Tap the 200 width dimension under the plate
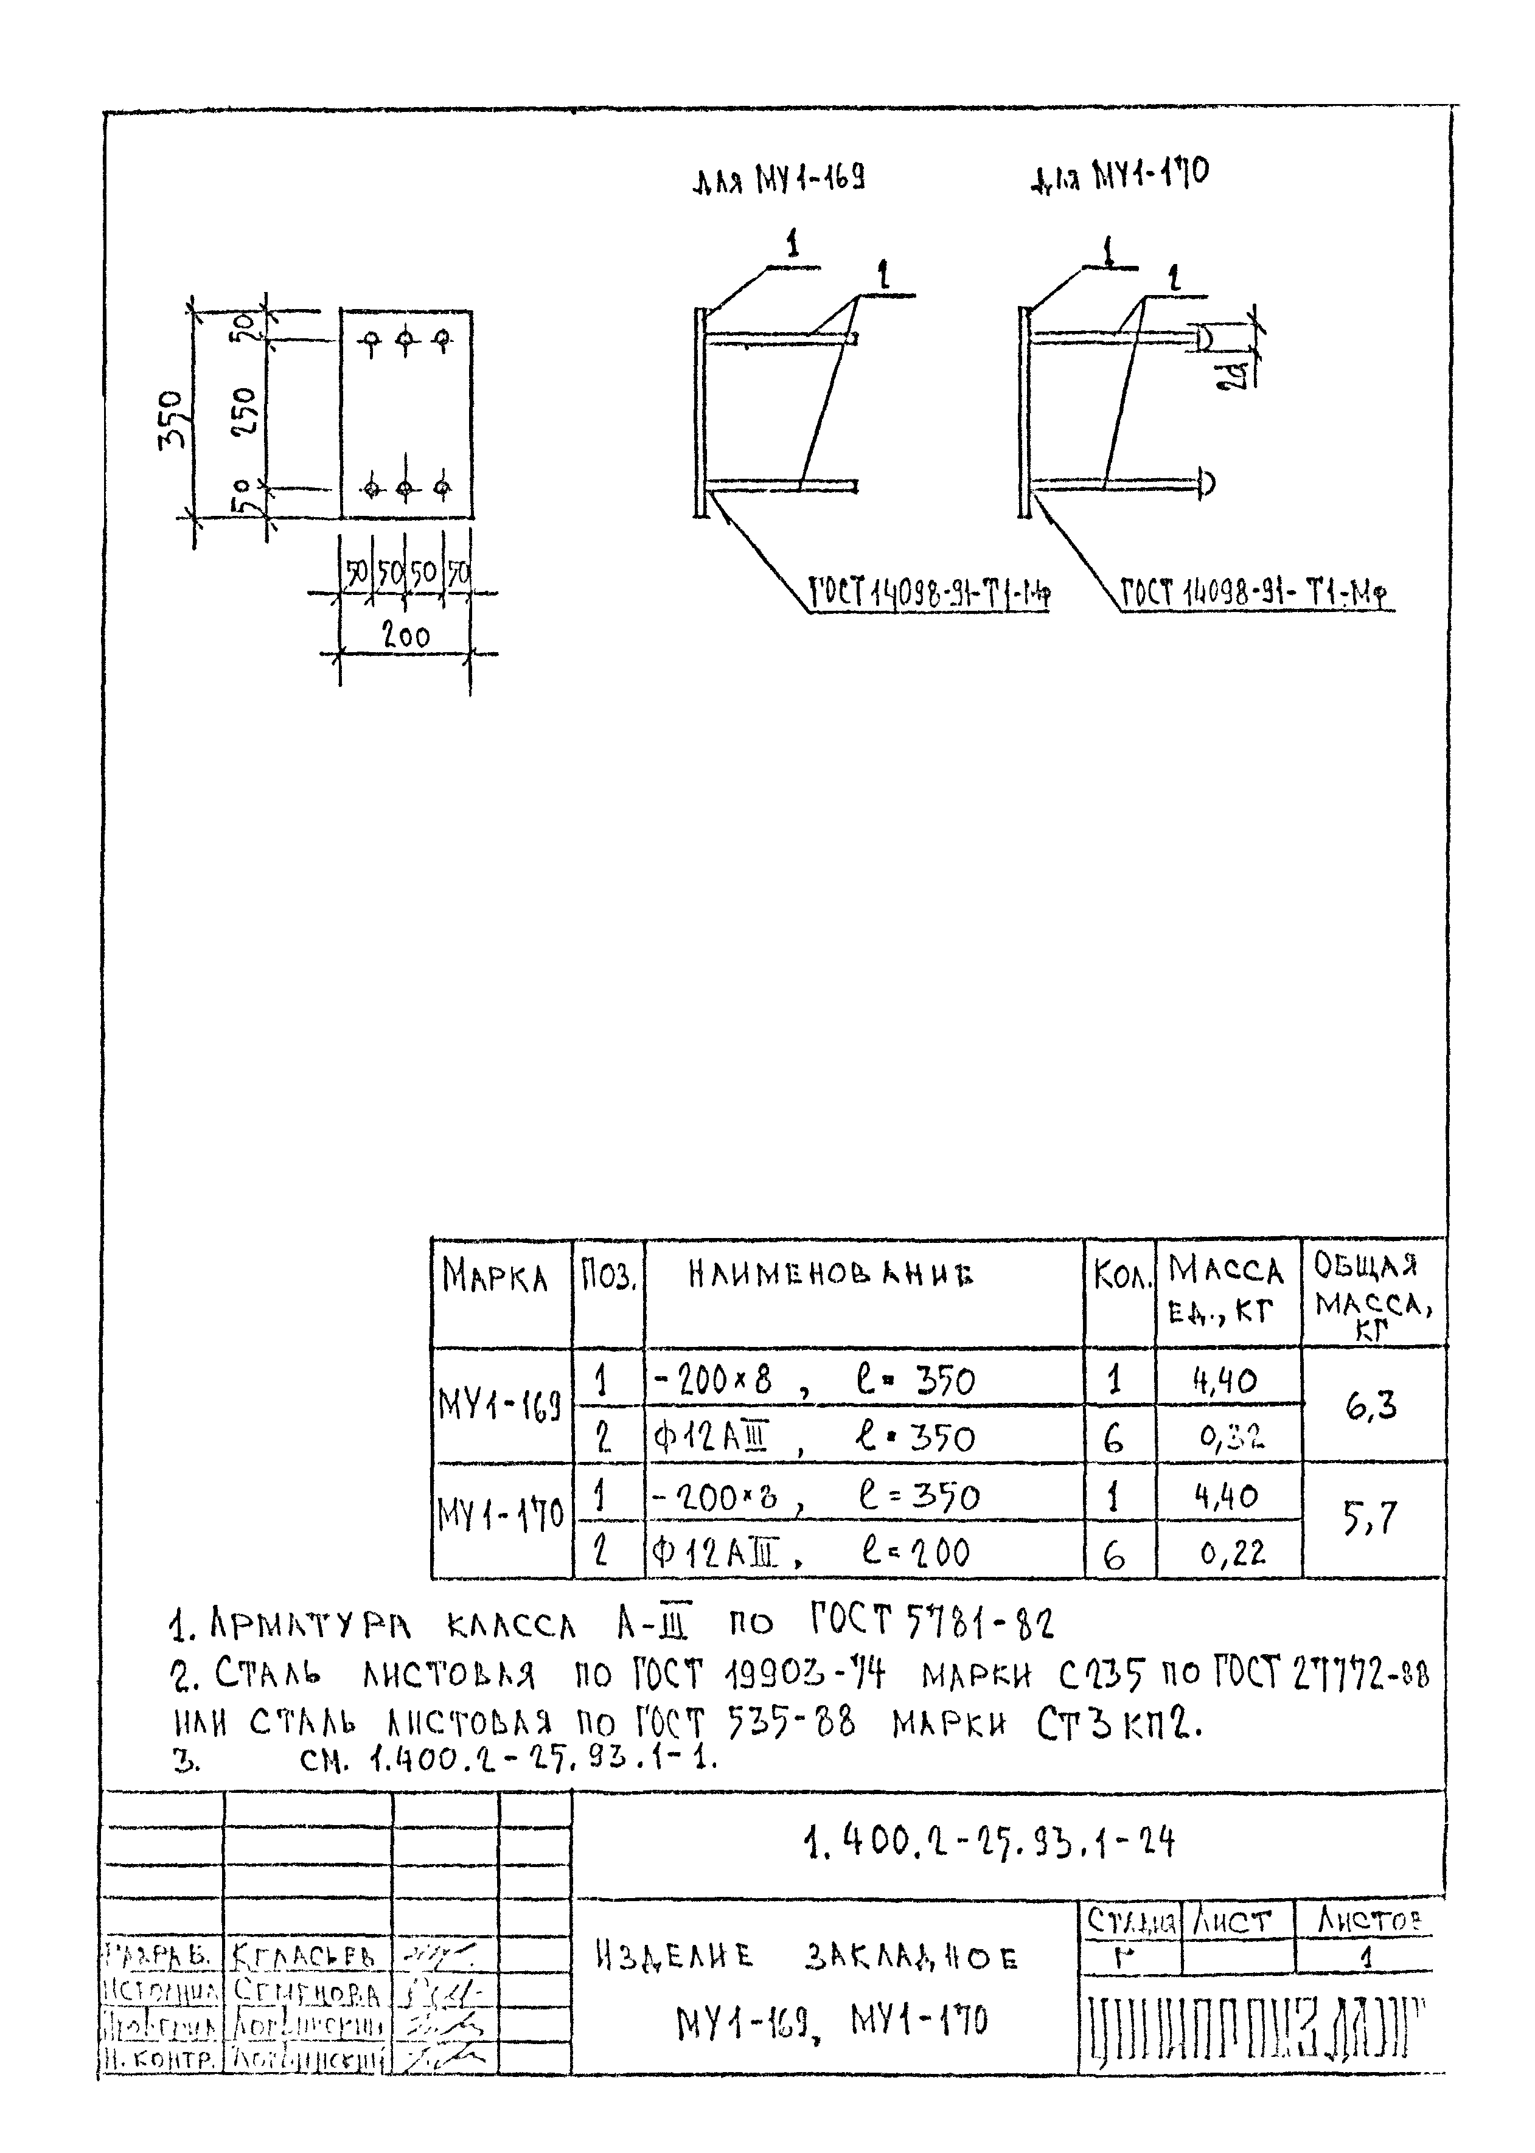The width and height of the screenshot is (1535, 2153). [405, 637]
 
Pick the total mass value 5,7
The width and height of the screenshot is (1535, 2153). [1371, 1519]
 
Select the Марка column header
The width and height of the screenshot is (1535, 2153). [495, 1278]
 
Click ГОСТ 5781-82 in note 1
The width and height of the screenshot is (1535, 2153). [931, 1624]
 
